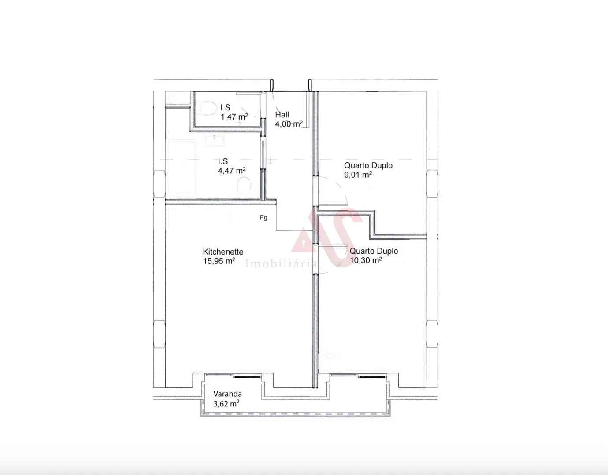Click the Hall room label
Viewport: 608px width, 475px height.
click(282, 115)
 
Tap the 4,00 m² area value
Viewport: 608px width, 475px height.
click(289, 124)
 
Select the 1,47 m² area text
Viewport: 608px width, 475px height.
click(234, 117)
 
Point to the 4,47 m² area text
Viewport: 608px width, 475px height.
click(232, 171)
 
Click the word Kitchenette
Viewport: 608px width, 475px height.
click(223, 252)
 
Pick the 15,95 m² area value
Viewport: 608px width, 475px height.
click(219, 261)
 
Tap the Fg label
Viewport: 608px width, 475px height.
click(263, 218)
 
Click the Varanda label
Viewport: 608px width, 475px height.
click(227, 394)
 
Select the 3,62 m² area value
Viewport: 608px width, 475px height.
click(226, 403)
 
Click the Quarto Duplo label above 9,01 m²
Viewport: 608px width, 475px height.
click(368, 166)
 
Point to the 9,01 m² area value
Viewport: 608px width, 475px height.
click(358, 175)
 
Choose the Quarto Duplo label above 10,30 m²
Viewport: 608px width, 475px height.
click(374, 251)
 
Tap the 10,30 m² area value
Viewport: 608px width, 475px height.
click(366, 260)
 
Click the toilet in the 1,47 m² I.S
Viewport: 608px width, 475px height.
click(206, 108)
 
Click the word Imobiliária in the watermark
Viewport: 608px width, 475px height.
click(281, 264)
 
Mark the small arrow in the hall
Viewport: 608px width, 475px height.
click(270, 161)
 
